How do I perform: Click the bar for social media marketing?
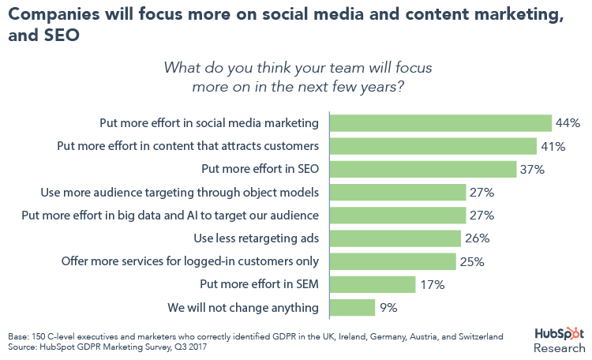(x=440, y=123)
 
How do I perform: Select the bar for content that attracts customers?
(x=433, y=146)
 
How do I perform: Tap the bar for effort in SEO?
(x=422, y=169)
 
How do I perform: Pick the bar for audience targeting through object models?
(x=397, y=192)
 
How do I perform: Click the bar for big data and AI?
(x=397, y=215)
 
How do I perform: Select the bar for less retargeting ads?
(x=395, y=238)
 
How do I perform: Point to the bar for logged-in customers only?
(x=392, y=261)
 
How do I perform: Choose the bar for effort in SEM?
(x=372, y=283)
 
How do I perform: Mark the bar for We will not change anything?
(x=352, y=306)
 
